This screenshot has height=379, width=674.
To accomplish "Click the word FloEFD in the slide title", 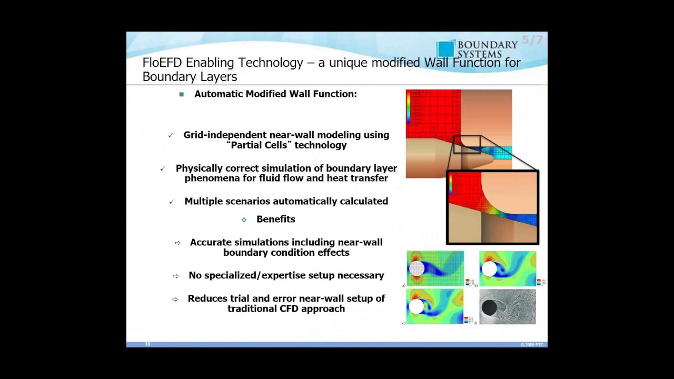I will tap(162, 63).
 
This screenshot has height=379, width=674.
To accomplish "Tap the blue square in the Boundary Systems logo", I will tap(445, 49).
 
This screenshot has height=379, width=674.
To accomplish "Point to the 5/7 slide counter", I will tap(532, 40).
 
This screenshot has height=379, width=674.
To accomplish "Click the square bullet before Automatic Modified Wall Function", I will tap(182, 94).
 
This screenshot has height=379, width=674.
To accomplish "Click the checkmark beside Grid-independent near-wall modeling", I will tap(171, 136).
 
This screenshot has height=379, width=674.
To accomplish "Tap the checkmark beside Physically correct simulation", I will tap(163, 169).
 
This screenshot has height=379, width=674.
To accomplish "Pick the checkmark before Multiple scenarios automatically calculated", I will tap(171, 202).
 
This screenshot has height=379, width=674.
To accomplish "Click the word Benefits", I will tap(276, 220).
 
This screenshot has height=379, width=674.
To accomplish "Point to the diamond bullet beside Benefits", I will tap(244, 220).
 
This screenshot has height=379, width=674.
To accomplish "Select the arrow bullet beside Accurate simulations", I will tap(177, 243).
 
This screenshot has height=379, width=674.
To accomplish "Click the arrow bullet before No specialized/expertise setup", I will tap(176, 276).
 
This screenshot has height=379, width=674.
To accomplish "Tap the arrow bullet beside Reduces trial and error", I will tap(175, 299).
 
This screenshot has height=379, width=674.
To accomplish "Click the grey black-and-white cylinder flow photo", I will tap(508, 306).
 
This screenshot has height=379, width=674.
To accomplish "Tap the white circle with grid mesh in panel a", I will tap(417, 268).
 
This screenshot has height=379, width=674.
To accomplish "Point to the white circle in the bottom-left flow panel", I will tap(416, 306).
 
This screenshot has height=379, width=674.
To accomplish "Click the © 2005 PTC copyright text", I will tap(532, 345).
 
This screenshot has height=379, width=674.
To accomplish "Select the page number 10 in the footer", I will tap(148, 344).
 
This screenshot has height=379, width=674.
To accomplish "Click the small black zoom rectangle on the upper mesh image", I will tap(467, 144).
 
